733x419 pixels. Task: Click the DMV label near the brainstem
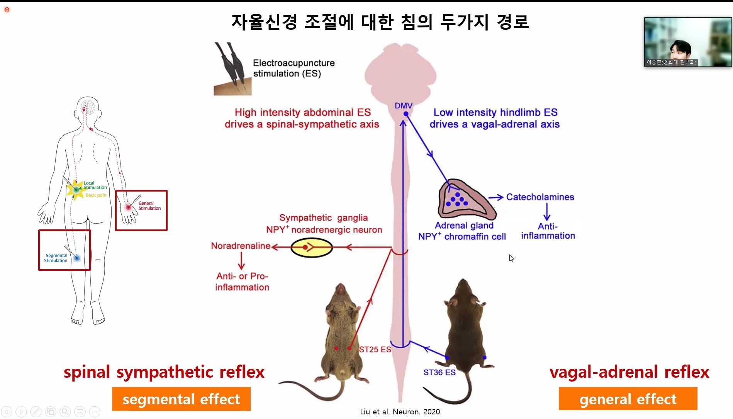pyautogui.click(x=404, y=105)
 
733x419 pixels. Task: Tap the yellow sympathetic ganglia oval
pyautogui.click(x=311, y=247)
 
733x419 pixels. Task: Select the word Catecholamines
pyautogui.click(x=540, y=197)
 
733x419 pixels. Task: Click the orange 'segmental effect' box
pyautogui.click(x=181, y=399)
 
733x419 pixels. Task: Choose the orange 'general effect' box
pyautogui.click(x=628, y=399)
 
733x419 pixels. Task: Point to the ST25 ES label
pyautogui.click(x=375, y=349)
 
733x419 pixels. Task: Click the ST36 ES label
pyautogui.click(x=439, y=372)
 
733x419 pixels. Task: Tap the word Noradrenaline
pyautogui.click(x=241, y=246)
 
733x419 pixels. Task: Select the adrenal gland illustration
pyautogui.click(x=465, y=199)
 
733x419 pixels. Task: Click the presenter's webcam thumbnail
pyautogui.click(x=687, y=42)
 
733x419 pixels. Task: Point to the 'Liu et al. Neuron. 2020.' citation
pyautogui.click(x=400, y=412)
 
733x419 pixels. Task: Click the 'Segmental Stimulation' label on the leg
pyautogui.click(x=56, y=258)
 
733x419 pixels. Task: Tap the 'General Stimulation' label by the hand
pyautogui.click(x=149, y=206)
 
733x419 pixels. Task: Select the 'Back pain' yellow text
pyautogui.click(x=96, y=195)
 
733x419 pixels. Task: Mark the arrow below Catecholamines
pyautogui.click(x=547, y=212)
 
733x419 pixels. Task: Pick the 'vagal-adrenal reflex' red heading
pyautogui.click(x=629, y=372)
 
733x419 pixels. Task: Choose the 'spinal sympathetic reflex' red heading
pyautogui.click(x=164, y=372)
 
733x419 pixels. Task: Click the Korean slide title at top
pyautogui.click(x=380, y=22)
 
